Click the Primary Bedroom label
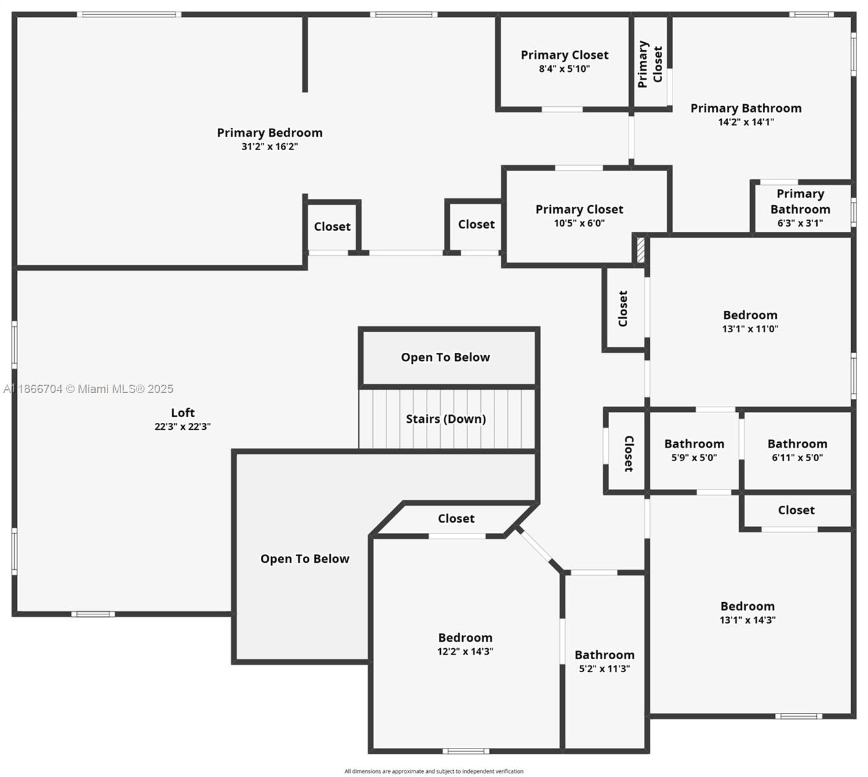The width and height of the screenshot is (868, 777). click(x=269, y=133)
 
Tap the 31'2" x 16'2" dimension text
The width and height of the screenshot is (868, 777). click(x=269, y=147)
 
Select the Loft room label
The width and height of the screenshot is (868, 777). click(x=183, y=413)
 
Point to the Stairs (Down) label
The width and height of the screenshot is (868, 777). click(x=445, y=419)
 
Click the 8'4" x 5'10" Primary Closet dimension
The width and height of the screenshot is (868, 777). click(x=564, y=69)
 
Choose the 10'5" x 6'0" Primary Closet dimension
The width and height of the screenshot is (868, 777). click(x=579, y=223)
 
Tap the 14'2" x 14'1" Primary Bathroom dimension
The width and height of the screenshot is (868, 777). click(x=746, y=122)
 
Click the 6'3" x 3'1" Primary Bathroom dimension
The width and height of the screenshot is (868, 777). click(x=800, y=223)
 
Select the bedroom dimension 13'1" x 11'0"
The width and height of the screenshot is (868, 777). click(x=750, y=329)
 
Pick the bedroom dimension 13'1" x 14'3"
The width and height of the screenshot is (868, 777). click(x=748, y=620)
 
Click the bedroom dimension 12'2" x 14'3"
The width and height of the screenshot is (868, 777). click(x=465, y=652)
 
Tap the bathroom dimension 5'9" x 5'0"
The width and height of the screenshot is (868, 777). click(x=694, y=458)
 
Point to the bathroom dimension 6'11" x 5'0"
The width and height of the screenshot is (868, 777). click(x=797, y=458)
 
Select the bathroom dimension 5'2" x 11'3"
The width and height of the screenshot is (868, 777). click(x=604, y=669)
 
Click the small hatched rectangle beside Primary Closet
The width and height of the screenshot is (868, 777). click(x=640, y=250)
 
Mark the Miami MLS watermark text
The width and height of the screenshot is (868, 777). click(x=89, y=389)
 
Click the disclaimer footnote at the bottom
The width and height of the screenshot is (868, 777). click(x=434, y=771)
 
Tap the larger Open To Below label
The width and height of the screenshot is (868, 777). click(x=304, y=559)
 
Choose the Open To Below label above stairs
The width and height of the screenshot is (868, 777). click(x=445, y=357)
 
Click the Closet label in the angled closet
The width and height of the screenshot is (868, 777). click(x=456, y=519)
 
